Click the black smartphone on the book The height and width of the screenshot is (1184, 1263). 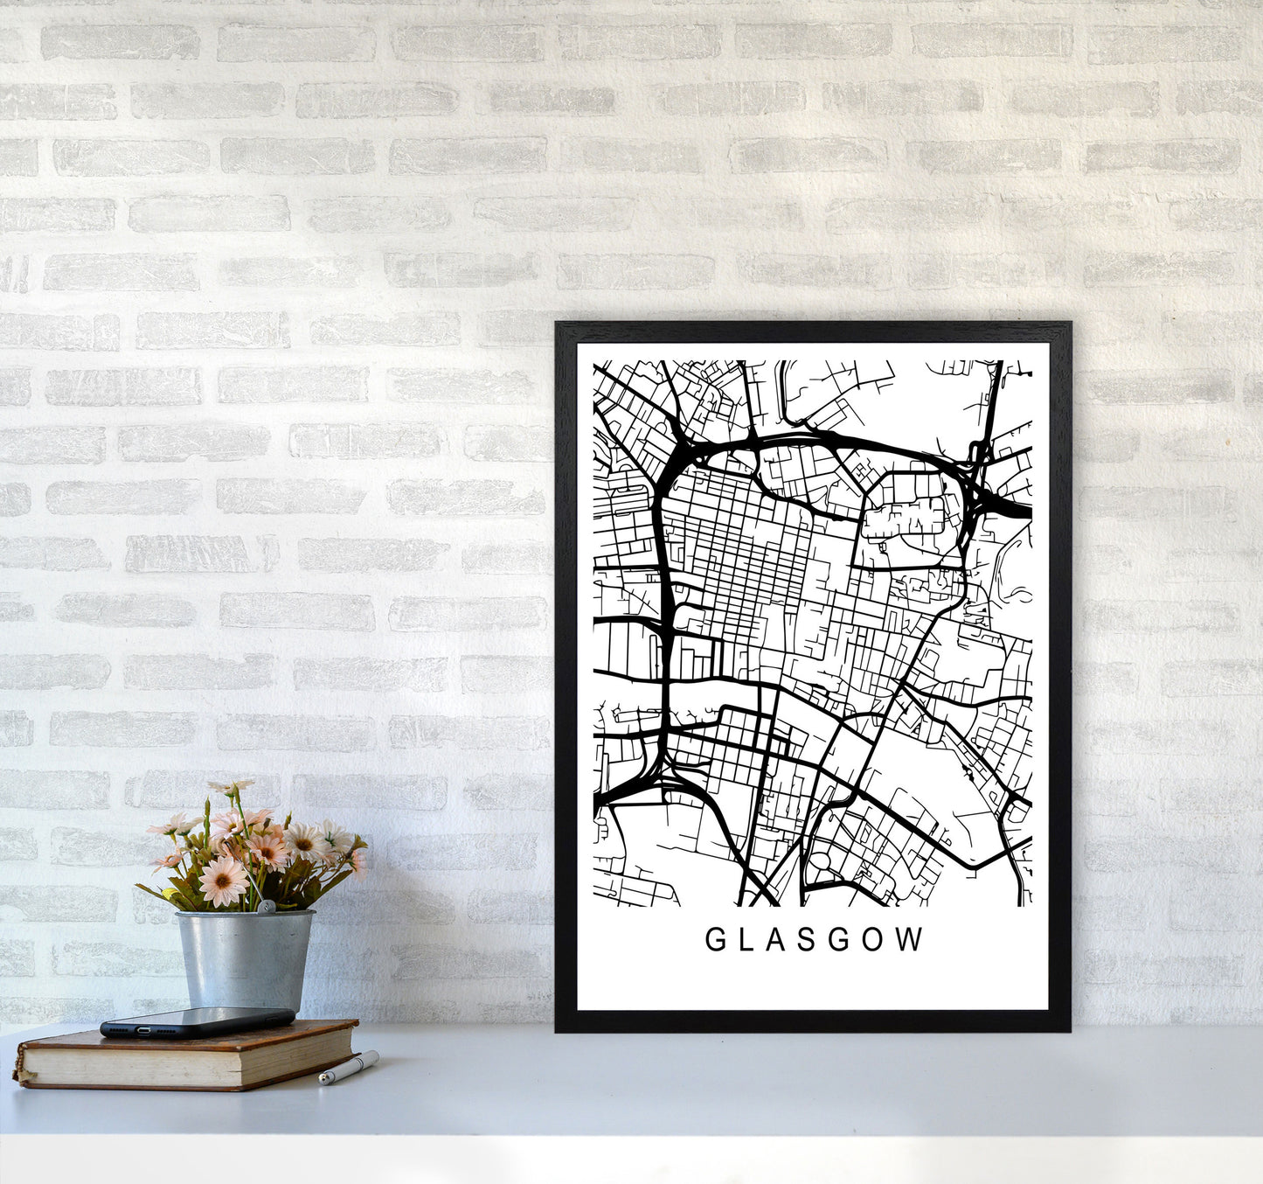pyautogui.click(x=197, y=1021)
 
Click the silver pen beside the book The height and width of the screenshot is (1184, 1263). pyautogui.click(x=348, y=1068)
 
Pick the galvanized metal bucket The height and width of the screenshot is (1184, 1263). pyautogui.click(x=244, y=958)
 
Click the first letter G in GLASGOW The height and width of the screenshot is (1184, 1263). pyautogui.click(x=714, y=940)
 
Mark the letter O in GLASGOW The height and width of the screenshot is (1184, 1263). pyautogui.click(x=876, y=940)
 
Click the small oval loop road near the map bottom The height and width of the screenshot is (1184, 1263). pyautogui.click(x=821, y=861)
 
